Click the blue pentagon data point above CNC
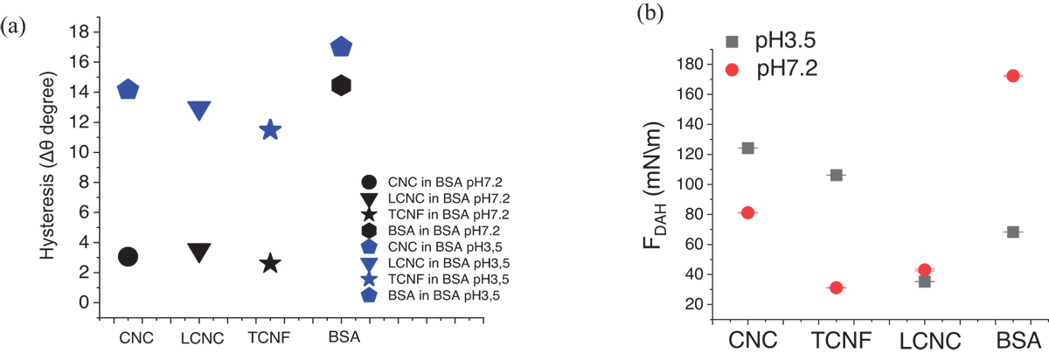(128, 89)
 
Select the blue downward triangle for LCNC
(199, 110)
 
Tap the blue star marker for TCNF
(270, 130)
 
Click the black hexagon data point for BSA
(341, 85)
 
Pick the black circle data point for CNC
(128, 256)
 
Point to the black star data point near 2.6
(270, 263)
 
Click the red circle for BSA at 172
(1012, 76)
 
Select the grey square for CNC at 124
(747, 148)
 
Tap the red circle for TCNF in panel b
(836, 287)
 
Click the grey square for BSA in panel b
(1012, 232)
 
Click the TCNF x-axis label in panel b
(836, 340)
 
